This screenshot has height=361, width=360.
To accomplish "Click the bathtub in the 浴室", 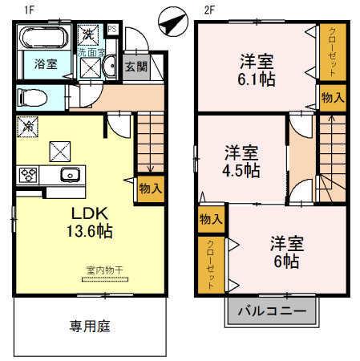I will point(45,39).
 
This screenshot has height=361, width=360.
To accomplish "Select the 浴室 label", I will point(45,64).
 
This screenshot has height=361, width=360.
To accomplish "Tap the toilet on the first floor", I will point(34,98).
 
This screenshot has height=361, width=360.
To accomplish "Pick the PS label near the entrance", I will point(111,30).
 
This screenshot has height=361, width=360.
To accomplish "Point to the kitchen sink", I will point(69,175).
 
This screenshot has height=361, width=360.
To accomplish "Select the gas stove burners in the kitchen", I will point(29,174).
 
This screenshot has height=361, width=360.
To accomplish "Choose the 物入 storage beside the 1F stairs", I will point(150,189).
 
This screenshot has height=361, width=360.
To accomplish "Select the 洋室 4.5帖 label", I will point(241,160).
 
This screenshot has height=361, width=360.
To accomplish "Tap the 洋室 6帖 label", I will point(284,251).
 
